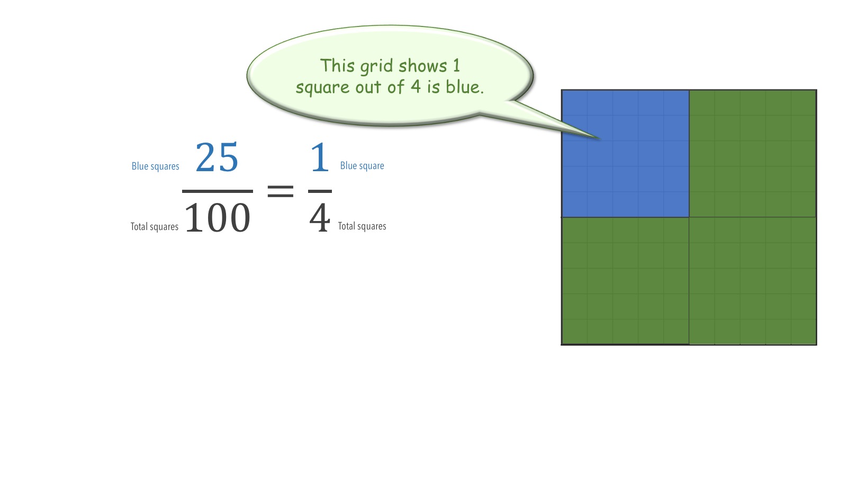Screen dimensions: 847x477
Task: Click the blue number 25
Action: (x=217, y=157)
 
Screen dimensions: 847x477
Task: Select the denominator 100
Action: (x=218, y=218)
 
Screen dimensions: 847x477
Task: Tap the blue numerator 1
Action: (x=320, y=157)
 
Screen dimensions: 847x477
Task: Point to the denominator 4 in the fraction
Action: (x=320, y=218)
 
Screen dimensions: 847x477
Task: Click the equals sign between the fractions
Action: (x=280, y=191)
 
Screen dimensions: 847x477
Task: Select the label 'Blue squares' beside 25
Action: (x=156, y=166)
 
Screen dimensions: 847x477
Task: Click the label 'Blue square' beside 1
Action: (x=362, y=165)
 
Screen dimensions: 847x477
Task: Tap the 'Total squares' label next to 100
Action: (x=154, y=226)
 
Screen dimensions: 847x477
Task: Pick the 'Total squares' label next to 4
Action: (x=362, y=226)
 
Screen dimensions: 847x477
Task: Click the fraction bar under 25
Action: (x=218, y=191)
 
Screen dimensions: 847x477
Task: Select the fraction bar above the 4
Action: (x=320, y=191)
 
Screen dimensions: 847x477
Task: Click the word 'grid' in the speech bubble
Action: (x=376, y=67)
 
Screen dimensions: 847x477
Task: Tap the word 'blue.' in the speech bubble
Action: (x=465, y=87)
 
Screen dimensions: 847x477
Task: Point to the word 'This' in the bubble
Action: (x=337, y=65)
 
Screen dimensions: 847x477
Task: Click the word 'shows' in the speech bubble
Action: (x=423, y=66)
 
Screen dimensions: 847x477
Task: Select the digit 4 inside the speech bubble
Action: (x=416, y=86)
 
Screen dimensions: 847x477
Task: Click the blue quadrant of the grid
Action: (x=625, y=154)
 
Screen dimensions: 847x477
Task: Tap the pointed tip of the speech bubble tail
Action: (x=600, y=138)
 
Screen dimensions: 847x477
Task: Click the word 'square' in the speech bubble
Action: (x=322, y=88)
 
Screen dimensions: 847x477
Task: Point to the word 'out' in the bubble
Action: (x=368, y=87)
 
